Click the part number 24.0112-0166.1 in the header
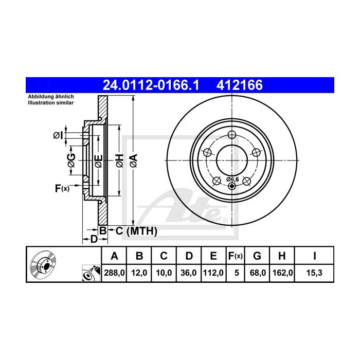[151, 85]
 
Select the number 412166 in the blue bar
[240, 85]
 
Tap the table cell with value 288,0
[114, 273]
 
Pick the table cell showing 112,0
[213, 273]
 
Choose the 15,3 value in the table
[314, 273]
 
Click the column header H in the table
[282, 256]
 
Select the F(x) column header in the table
[236, 256]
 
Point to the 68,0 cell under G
[257, 273]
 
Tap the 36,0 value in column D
[189, 273]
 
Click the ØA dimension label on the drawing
[134, 160]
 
